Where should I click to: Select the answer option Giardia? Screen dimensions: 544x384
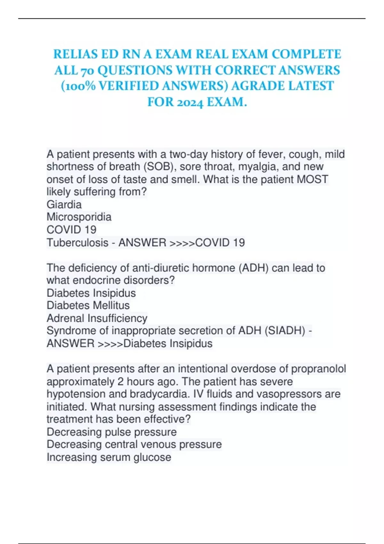64,204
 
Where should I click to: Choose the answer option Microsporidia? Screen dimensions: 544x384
79,217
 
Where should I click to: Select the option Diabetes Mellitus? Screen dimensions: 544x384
88,306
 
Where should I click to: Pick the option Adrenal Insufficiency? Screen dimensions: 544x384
97,318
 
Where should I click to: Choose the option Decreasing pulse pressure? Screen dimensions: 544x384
112,432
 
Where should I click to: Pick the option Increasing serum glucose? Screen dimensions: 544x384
109,457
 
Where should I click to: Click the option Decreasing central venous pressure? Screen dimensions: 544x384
134,444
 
